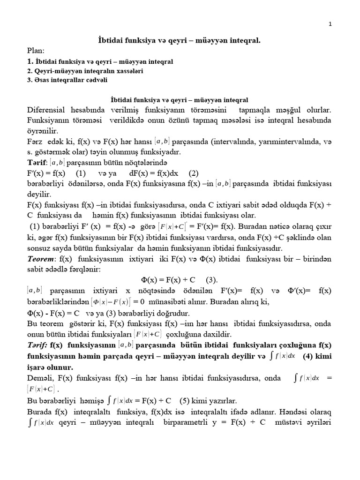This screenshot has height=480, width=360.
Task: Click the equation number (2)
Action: (x=187, y=172)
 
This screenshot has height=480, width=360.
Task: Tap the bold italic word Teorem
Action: (x=41, y=259)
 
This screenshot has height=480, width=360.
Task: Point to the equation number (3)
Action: (x=212, y=280)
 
